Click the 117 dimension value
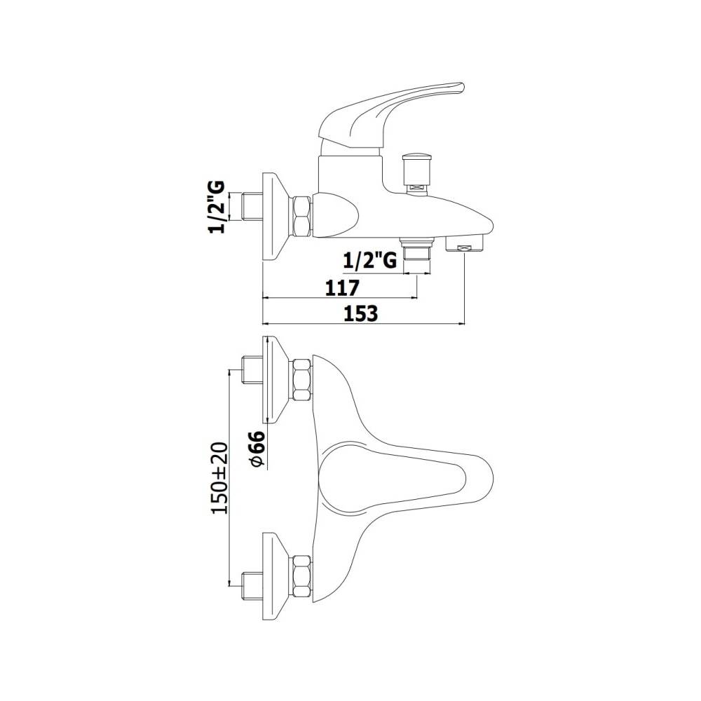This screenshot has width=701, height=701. coord(342,288)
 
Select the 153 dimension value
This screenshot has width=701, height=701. coord(360,313)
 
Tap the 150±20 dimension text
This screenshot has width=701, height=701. coord(219,478)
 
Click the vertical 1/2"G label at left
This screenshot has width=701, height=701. coord(216,207)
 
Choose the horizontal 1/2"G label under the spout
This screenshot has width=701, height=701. coord(370,260)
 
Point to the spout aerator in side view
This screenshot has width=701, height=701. coord(465,243)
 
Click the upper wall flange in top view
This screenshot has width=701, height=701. coord(275,379)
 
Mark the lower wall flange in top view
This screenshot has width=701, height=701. coord(275,576)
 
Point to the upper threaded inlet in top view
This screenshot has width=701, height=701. coord(252,370)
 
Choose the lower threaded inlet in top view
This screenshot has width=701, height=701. coord(252,585)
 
